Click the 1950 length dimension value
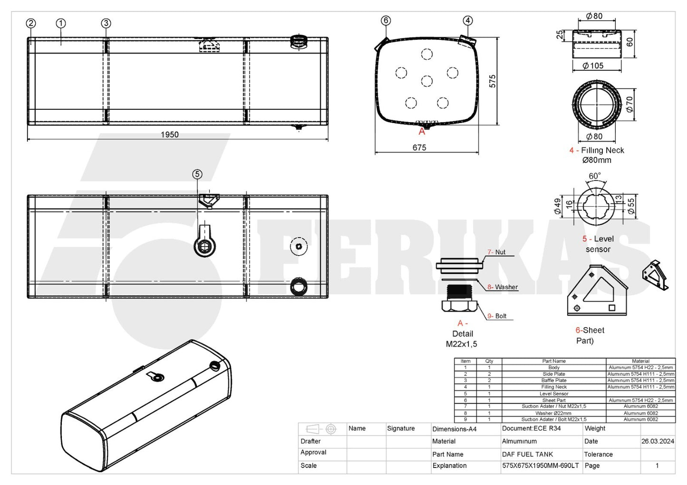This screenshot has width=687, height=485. click(170, 135)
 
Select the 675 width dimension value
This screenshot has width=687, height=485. click(419, 148)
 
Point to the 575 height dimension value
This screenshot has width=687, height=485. click(492, 81)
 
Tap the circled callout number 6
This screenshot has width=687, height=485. click(386, 20)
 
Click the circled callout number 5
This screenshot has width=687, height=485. click(197, 174)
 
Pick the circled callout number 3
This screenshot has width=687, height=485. click(106, 23)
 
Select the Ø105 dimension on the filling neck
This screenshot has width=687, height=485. click(593, 66)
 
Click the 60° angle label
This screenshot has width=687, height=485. click(595, 176)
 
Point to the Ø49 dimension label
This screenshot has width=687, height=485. click(558, 206)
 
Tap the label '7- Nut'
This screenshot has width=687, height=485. click(496, 252)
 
